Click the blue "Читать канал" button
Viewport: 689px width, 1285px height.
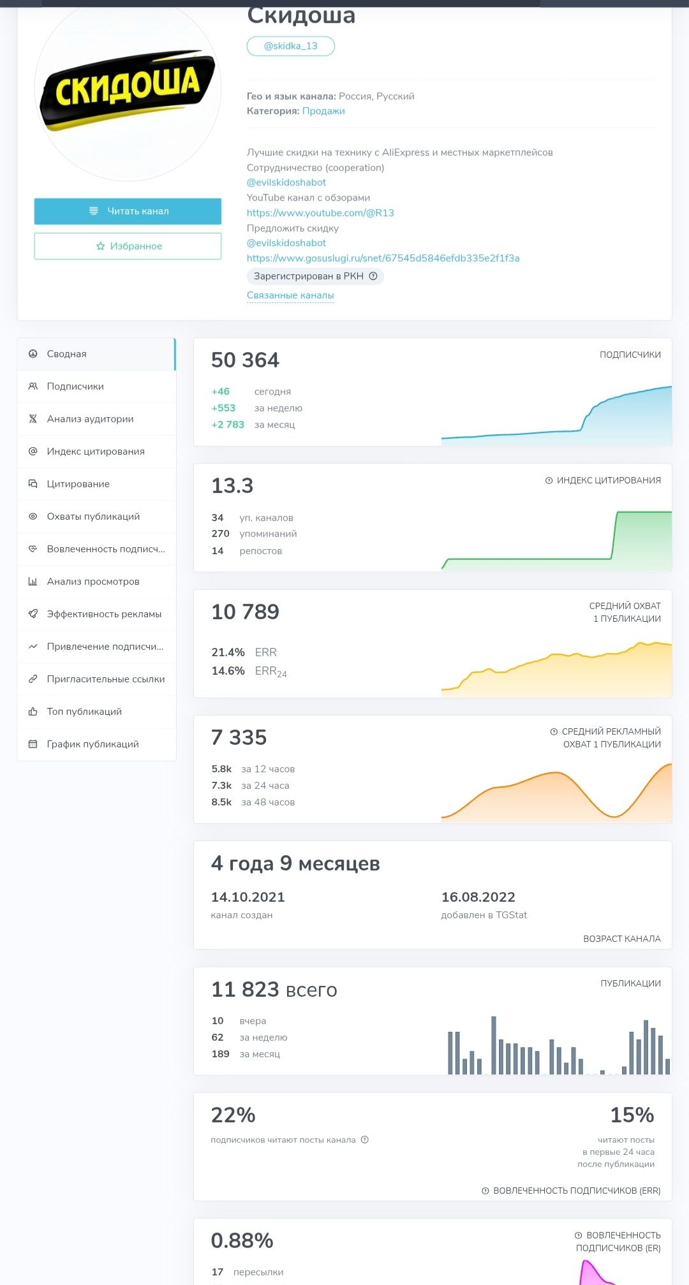tap(128, 211)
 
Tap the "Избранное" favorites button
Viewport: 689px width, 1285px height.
tap(128, 246)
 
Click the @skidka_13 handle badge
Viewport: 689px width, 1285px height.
tap(291, 46)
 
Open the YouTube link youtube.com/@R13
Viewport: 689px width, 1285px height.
tap(320, 213)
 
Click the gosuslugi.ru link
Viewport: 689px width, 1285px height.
tap(383, 258)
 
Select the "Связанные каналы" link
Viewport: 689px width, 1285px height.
tap(290, 295)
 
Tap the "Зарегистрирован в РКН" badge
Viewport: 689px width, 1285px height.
tap(315, 276)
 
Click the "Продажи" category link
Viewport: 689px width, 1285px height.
tap(323, 111)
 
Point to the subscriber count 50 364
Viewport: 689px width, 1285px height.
tap(245, 360)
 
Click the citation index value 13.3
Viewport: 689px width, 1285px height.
tap(232, 486)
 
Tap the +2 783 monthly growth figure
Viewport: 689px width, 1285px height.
tap(228, 425)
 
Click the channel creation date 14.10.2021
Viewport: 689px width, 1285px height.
tap(248, 897)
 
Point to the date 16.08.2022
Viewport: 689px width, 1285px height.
tap(478, 897)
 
